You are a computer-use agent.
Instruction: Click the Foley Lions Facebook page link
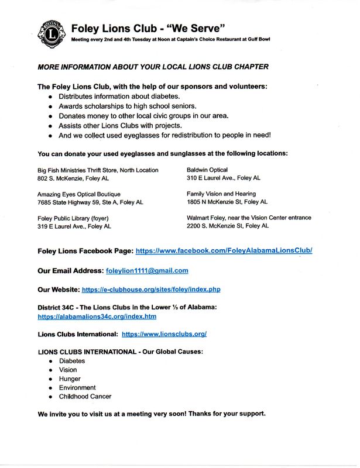[224, 250]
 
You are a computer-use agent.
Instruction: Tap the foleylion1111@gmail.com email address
[146, 270]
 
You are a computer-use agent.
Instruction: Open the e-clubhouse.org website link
[151, 290]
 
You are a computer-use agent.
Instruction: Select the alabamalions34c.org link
[97, 316]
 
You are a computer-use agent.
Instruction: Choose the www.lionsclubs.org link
[164, 335]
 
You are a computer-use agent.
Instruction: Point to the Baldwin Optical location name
[207, 170]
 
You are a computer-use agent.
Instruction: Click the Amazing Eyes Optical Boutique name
[79, 194]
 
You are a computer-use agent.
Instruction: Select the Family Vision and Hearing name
[221, 194]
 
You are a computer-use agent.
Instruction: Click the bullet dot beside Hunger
[51, 379]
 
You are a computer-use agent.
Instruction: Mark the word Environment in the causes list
[77, 387]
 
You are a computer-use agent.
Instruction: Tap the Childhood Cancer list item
[85, 397]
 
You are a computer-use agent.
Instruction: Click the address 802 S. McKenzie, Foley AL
[73, 178]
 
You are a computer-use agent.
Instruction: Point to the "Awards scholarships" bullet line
[127, 106]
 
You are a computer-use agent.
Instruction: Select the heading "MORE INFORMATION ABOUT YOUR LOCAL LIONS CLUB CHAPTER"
[153, 67]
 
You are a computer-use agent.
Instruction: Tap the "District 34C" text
[57, 308]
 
